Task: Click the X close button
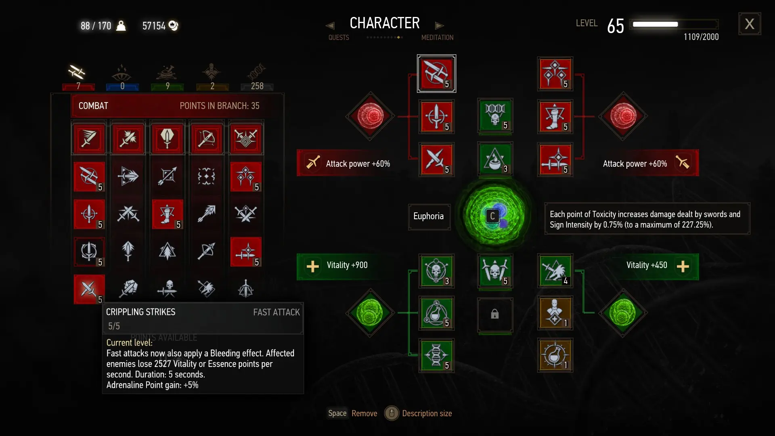pyautogui.click(x=750, y=24)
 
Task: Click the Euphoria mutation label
pyautogui.click(x=428, y=216)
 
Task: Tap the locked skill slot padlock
pyautogui.click(x=495, y=314)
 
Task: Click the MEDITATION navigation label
pyautogui.click(x=437, y=38)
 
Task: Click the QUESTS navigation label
pyautogui.click(x=339, y=38)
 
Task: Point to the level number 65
pyautogui.click(x=616, y=26)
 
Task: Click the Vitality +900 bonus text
pyautogui.click(x=347, y=265)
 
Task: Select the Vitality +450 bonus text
pyautogui.click(x=647, y=265)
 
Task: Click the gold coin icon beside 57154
pyautogui.click(x=173, y=25)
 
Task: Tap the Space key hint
pyautogui.click(x=337, y=413)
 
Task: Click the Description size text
pyautogui.click(x=427, y=413)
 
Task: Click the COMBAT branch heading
pyautogui.click(x=93, y=106)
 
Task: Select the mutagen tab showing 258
pyautogui.click(x=257, y=77)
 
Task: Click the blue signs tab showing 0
pyautogui.click(x=122, y=77)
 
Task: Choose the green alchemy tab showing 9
pyautogui.click(x=168, y=77)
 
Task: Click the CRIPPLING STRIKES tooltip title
pyautogui.click(x=140, y=312)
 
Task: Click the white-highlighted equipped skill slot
pyautogui.click(x=436, y=73)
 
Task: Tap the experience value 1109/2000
pyautogui.click(x=701, y=37)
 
